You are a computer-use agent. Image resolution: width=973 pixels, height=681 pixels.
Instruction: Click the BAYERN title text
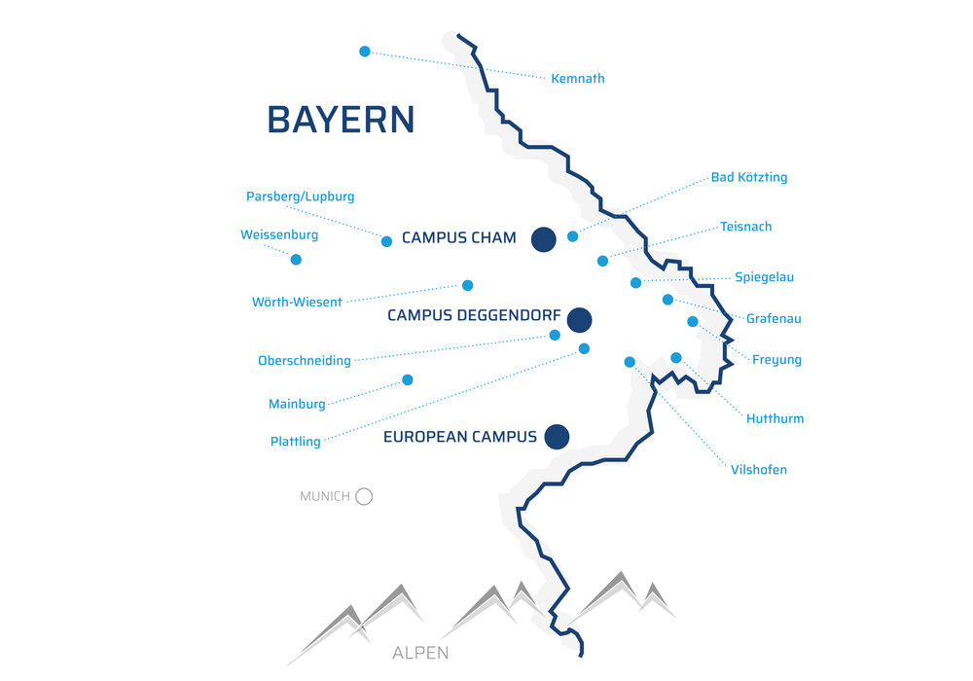341,120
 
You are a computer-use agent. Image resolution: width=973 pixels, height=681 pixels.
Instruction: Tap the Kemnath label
578,79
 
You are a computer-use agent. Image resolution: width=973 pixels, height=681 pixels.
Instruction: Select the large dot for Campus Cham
544,239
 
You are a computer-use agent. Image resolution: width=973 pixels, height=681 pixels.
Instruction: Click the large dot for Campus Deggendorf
580,320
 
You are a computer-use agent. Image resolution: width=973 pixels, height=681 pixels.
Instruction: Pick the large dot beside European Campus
558,437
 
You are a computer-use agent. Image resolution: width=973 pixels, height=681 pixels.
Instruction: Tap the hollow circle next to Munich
364,497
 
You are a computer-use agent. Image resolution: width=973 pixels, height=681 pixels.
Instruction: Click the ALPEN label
420,653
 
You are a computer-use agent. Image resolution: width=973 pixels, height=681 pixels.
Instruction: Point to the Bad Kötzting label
749,177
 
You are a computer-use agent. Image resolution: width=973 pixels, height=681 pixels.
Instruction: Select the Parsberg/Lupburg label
301,197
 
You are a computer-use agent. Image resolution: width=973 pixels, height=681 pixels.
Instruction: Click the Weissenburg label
279,235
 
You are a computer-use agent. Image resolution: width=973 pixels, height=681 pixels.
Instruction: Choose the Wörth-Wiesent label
297,302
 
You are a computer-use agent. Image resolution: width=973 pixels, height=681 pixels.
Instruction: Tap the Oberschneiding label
304,360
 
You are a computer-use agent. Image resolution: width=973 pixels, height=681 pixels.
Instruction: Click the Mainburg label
297,405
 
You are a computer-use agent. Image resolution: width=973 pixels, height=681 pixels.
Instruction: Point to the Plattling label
296,442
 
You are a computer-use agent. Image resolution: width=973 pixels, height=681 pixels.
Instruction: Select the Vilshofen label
758,470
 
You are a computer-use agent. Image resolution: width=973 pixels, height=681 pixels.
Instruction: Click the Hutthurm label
775,418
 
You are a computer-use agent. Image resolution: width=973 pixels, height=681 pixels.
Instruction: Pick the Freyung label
776,360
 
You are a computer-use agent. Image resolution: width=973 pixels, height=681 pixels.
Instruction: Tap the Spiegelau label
764,277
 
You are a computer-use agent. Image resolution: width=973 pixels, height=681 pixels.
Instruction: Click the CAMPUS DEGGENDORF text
474,315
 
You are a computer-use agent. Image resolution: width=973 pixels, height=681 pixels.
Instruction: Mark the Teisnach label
746,227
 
